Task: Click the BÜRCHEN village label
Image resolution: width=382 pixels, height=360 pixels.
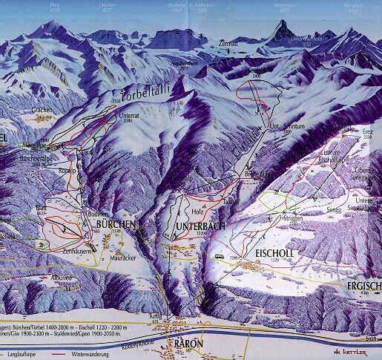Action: tap(115, 223)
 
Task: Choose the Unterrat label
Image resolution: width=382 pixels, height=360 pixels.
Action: tap(128, 117)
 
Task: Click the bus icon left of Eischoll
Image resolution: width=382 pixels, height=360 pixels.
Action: tap(219, 258)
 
